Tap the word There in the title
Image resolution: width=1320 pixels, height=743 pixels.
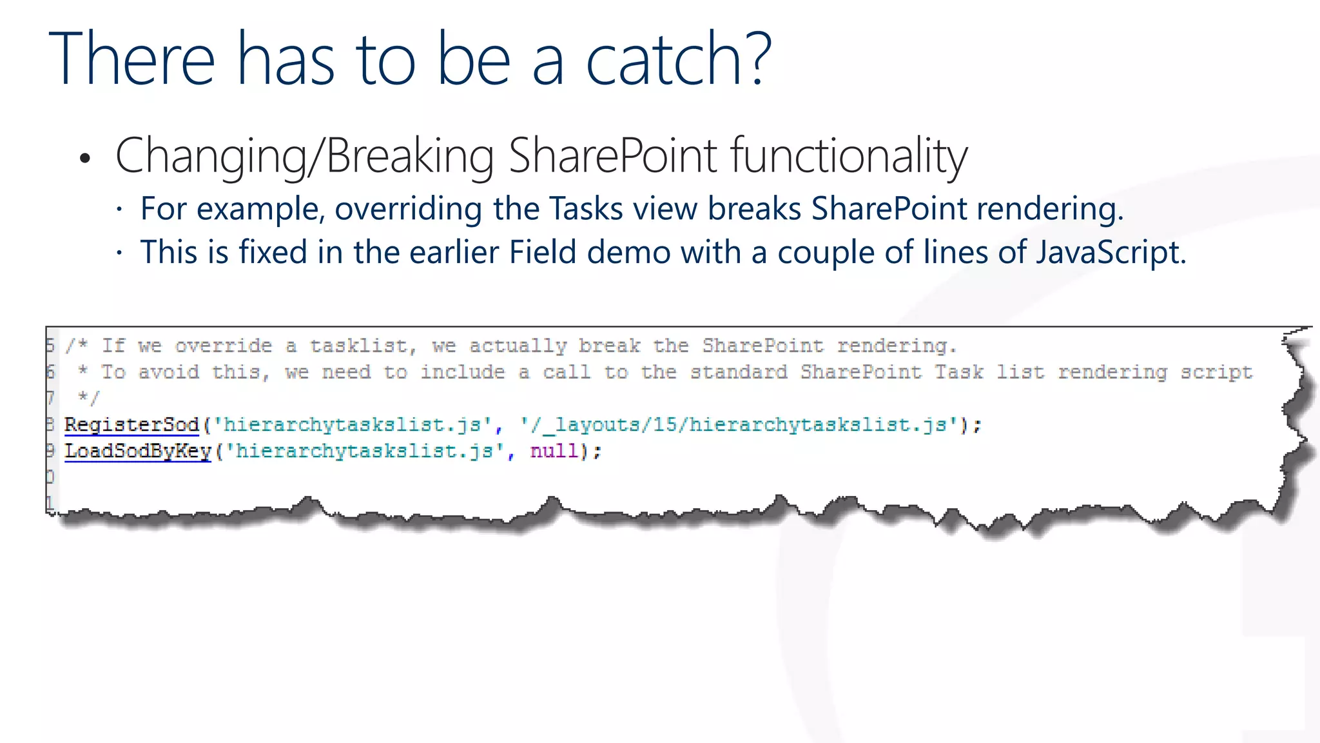[131, 59]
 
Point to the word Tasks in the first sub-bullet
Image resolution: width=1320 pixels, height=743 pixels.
[586, 209]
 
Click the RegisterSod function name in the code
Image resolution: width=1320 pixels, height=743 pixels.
[132, 425]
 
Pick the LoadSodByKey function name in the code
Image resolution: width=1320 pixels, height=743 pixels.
[138, 451]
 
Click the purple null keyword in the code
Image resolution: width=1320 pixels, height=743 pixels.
[554, 451]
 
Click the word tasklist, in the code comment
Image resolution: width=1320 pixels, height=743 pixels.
[363, 346]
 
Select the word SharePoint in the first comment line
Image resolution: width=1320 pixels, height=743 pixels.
[762, 346]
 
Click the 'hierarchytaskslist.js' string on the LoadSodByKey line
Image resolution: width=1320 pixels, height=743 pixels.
[365, 451]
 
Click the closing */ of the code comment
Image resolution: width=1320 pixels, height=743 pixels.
[88, 398]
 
